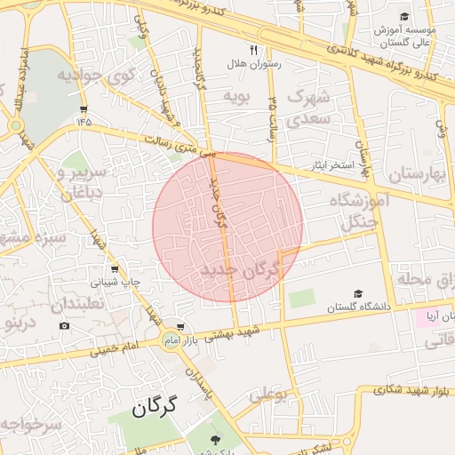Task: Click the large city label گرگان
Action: click(156, 408)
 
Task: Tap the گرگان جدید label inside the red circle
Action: click(240, 268)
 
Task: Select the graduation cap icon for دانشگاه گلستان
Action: click(358, 294)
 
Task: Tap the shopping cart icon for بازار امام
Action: click(181, 326)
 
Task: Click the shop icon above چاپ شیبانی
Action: click(114, 268)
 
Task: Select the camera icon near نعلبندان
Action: click(64, 326)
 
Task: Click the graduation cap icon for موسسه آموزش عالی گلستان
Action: click(404, 17)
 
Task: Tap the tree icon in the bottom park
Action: click(215, 439)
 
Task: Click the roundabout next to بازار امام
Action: click(169, 339)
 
